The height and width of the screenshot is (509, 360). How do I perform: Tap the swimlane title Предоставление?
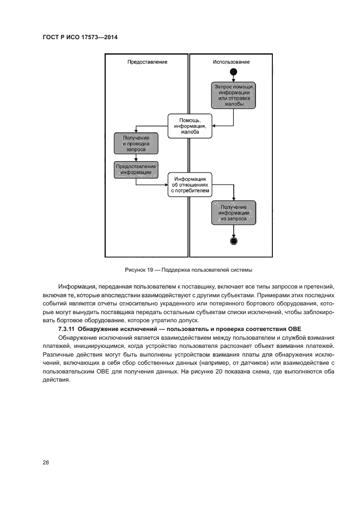pyautogui.click(x=147, y=62)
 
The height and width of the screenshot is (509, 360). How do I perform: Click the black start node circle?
pyautogui.click(x=234, y=72)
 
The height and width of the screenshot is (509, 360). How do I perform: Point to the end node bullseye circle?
pyautogui.click(x=234, y=241)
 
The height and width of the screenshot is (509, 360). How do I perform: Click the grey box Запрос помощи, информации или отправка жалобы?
pyautogui.click(x=234, y=96)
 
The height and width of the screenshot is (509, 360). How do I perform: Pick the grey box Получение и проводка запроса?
pyautogui.click(x=136, y=143)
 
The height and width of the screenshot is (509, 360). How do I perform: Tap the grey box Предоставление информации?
pyautogui.click(x=136, y=169)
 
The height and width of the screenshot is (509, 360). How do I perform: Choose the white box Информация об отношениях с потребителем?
pyautogui.click(x=188, y=185)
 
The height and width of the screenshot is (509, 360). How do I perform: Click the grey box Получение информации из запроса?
pyautogui.click(x=234, y=213)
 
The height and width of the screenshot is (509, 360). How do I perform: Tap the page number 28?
pyautogui.click(x=46, y=462)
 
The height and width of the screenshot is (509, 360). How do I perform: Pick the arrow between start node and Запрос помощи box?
pyautogui.click(x=234, y=79)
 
